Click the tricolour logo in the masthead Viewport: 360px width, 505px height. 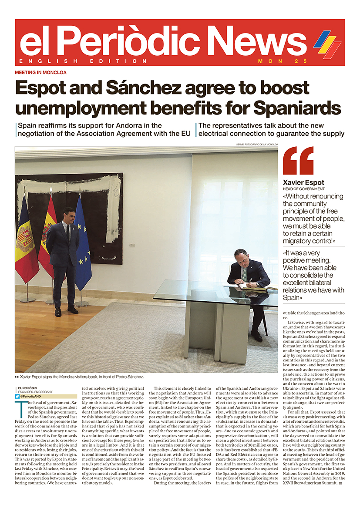pos(327,43)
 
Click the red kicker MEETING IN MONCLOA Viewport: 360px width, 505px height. pos(40,73)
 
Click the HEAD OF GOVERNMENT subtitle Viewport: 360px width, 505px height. pos(303,189)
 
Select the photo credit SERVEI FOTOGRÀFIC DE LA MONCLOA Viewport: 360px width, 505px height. pos(256,144)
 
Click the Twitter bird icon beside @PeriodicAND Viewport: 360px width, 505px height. pos(17,397)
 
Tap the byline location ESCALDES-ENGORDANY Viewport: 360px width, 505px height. pos(35,392)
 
